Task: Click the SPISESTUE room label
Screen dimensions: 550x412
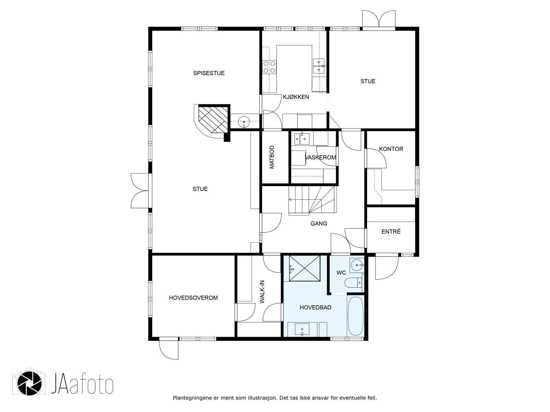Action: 209,73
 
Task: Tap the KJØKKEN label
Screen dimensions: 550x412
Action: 296,97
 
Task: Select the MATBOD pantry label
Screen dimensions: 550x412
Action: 272,157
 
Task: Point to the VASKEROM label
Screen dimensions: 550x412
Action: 320,158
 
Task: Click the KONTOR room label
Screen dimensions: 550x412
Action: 391,149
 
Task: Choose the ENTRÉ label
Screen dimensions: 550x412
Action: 391,231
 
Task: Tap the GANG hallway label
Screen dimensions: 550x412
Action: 319,224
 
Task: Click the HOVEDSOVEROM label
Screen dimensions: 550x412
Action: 193,298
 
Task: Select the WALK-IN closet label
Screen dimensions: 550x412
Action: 262,292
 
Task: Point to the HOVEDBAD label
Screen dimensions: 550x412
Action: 316,307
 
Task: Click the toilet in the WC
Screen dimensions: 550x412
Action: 354,283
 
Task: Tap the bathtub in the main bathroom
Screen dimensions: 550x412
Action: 355,316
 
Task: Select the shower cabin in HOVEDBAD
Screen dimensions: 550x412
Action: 305,268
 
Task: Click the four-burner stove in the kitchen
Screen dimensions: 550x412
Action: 269,67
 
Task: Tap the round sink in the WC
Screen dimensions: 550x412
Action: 357,265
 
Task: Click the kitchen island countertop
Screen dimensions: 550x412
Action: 294,69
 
